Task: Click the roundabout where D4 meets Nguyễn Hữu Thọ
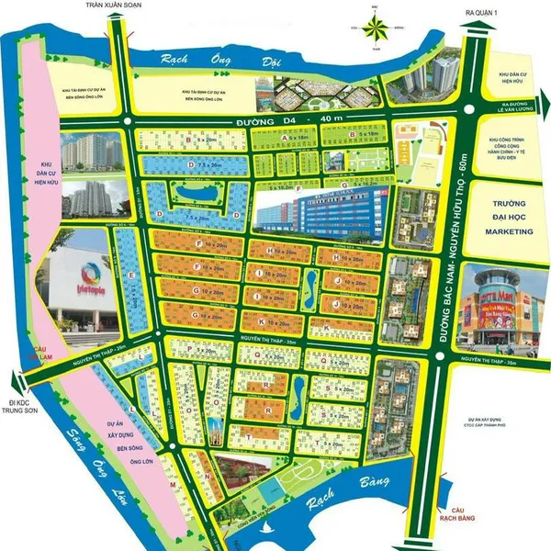(x=469, y=109)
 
